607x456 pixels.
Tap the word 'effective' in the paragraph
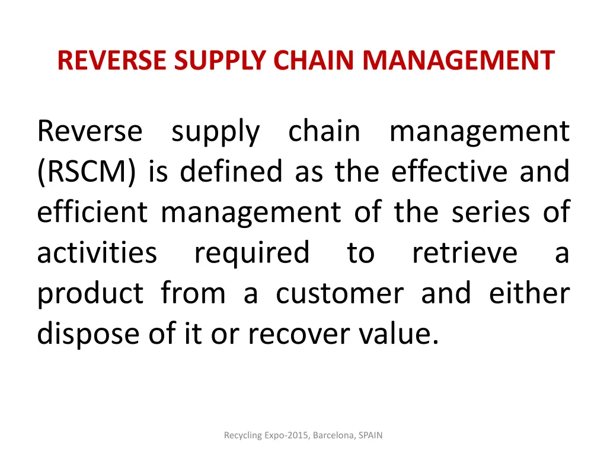coord(448,172)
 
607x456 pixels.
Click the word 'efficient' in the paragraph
coord(92,213)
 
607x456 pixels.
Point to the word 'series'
coord(491,213)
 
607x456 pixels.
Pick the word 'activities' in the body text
coord(97,253)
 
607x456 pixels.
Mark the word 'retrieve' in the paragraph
coord(464,253)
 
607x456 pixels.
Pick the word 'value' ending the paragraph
coord(399,334)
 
